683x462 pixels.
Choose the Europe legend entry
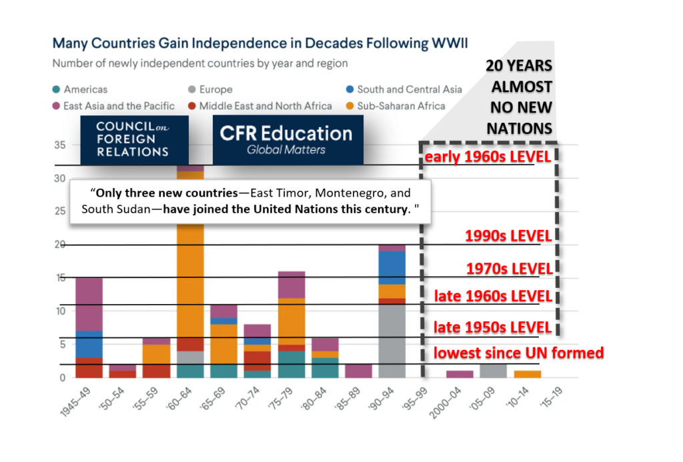point(209,89)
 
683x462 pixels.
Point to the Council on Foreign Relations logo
point(133,139)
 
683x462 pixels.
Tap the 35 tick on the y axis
point(59,145)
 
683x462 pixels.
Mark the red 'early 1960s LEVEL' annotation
point(488,157)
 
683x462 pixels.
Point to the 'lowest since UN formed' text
point(518,353)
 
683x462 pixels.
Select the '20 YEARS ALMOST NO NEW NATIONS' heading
point(519,97)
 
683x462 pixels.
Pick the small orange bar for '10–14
point(528,374)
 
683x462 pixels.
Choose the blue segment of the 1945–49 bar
point(89,344)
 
